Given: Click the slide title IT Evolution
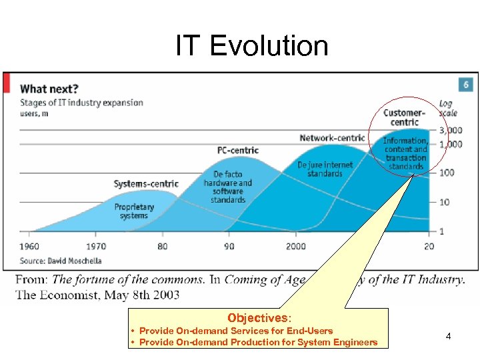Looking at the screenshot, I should (x=252, y=46).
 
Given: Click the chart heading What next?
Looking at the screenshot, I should (x=49, y=88).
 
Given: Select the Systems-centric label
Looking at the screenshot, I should (x=146, y=184).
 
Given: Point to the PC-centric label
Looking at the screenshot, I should (x=238, y=150).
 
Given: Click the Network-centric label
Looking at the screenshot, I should (x=332, y=138).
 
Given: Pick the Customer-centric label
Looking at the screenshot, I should (x=403, y=117).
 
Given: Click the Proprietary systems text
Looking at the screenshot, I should (x=134, y=211).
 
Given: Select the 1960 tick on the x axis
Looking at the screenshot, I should (x=29, y=246).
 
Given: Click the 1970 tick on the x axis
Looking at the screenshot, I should (x=97, y=246).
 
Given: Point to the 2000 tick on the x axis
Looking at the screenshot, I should (x=296, y=246).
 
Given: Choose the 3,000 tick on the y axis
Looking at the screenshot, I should (x=450, y=130).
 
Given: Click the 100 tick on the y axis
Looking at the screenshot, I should (x=446, y=173).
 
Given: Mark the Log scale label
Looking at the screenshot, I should (x=448, y=108).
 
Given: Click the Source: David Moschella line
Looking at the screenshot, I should (x=61, y=260).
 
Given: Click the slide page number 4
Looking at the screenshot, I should (x=448, y=336).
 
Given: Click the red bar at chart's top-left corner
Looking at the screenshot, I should (x=7, y=83).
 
